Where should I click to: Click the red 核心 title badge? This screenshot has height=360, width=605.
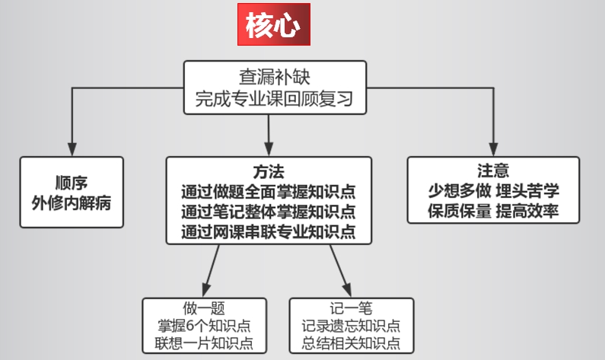pos(273,26)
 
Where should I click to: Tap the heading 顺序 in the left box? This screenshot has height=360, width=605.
pos(72,183)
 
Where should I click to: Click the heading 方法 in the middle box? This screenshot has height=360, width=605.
pos(269,170)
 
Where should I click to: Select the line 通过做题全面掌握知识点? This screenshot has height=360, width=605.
pos(269,190)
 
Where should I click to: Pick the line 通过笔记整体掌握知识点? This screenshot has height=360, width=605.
pos(269,210)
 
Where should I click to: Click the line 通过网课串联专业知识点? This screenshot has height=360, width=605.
pos(269,230)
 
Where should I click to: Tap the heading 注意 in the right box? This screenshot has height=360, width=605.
pos(493,170)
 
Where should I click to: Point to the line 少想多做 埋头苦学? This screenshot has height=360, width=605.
pos(493,190)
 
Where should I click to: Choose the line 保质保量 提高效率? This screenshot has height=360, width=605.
pos(493,211)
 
